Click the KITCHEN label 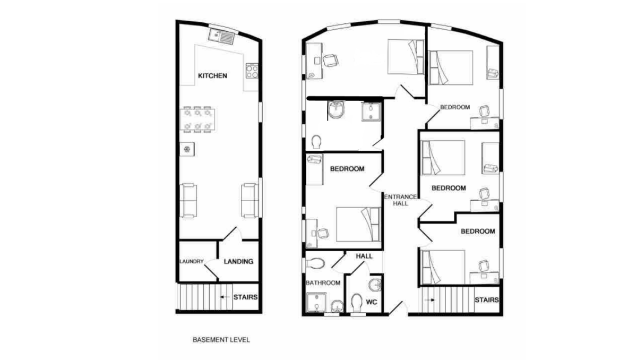[212, 75]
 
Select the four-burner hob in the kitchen [252, 71]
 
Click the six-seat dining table [197, 119]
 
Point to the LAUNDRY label [192, 261]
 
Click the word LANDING [238, 261]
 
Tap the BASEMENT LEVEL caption [221, 339]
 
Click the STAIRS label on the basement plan [245, 297]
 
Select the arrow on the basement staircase [225, 297]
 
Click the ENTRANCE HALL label [400, 200]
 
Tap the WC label [372, 302]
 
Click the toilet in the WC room [357, 303]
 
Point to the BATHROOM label [323, 283]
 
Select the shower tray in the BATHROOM [316, 302]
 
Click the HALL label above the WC [364, 256]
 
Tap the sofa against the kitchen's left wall [188, 201]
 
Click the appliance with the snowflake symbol [187, 149]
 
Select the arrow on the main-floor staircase [429, 299]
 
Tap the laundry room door [211, 269]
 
